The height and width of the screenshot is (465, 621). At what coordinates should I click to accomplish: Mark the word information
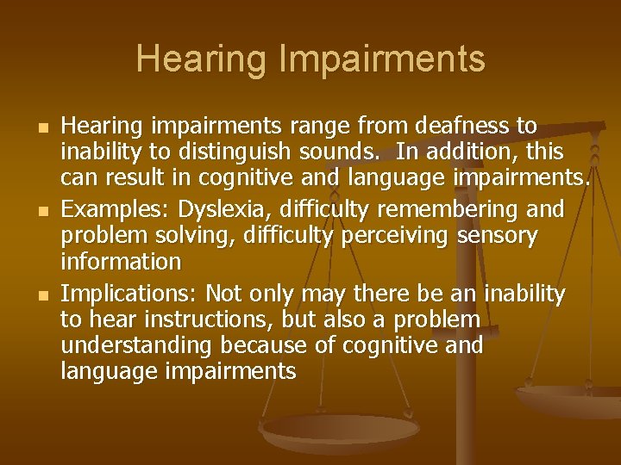[121, 262]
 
